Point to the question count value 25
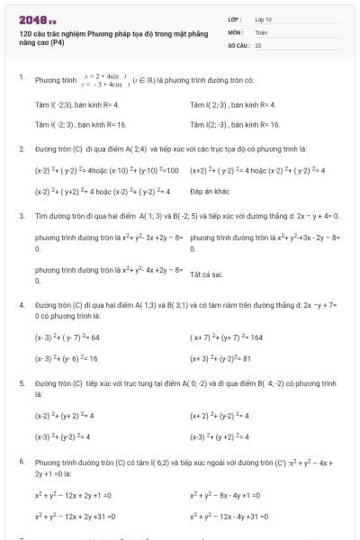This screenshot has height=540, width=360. click(258, 43)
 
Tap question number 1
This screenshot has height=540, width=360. click(21, 78)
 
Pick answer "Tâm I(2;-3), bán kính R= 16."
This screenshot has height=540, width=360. click(235, 124)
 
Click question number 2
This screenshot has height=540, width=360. click(21, 148)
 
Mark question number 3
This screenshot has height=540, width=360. click(21, 216)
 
